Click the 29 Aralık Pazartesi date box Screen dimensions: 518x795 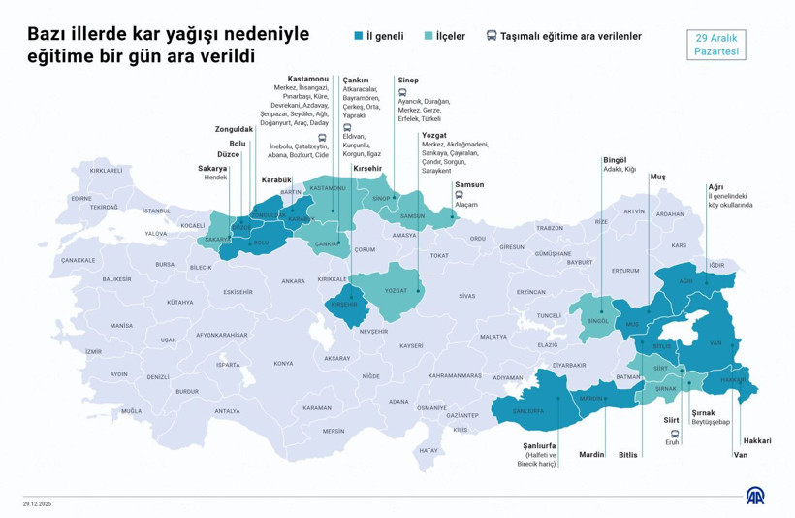[717, 44]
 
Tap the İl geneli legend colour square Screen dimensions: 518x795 [359, 36]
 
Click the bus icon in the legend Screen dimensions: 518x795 [492, 36]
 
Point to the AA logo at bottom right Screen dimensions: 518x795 [756, 496]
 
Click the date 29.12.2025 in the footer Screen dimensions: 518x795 [40, 503]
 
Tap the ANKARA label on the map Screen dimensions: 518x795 [293, 281]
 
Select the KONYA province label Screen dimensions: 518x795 [283, 363]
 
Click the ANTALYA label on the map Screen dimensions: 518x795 [227, 410]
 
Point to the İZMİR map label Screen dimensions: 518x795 [92, 351]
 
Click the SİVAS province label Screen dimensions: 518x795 [467, 295]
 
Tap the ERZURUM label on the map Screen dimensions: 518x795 [625, 271]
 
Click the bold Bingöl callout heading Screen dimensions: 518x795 [615, 159]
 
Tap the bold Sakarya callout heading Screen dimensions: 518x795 [212, 167]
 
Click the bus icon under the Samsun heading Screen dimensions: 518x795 [459, 194]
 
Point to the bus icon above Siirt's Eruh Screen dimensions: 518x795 [672, 433]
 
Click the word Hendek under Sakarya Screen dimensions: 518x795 [215, 178]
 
